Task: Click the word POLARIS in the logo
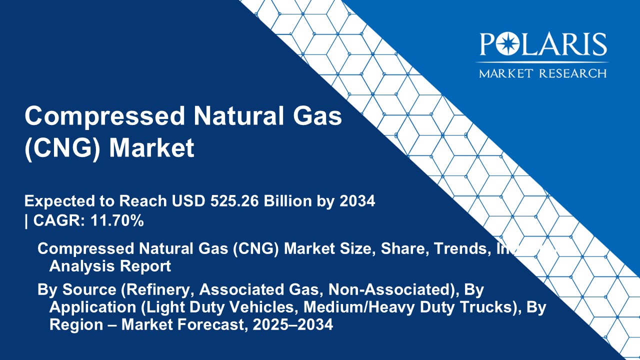[543, 45]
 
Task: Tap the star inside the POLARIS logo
[503, 45]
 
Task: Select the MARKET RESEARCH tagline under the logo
[543, 73]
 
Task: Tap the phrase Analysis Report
[110, 266]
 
